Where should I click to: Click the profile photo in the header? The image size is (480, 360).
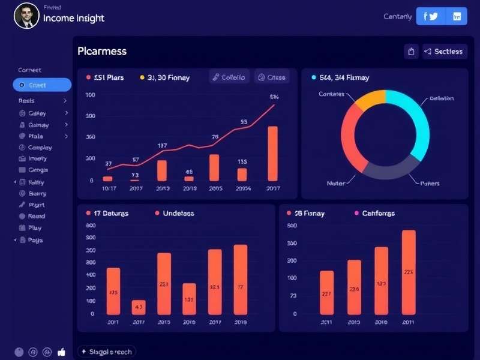pyautogui.click(x=26, y=16)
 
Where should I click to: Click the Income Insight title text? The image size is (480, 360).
pyautogui.click(x=73, y=19)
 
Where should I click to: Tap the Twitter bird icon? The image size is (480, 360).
pyautogui.click(x=433, y=17)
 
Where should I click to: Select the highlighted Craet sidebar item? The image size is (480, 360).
pyautogui.click(x=42, y=85)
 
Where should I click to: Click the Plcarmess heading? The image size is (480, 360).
pyautogui.click(x=102, y=51)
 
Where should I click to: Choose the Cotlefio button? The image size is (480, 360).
pyautogui.click(x=229, y=77)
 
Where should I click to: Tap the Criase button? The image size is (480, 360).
pyautogui.click(x=272, y=77)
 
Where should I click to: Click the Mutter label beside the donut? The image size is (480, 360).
pyautogui.click(x=336, y=183)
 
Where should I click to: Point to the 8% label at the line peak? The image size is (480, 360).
pyautogui.click(x=274, y=97)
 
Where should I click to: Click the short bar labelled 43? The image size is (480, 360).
pyautogui.click(x=139, y=307)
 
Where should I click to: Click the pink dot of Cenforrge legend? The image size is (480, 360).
pyautogui.click(x=356, y=213)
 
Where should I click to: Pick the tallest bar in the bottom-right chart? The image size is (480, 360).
pyautogui.click(x=409, y=272)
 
